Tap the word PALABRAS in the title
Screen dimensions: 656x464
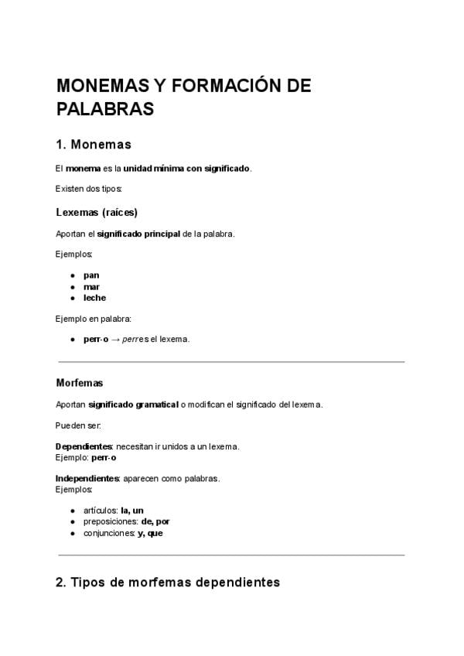[x=105, y=109]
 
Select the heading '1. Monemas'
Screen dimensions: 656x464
[x=94, y=145]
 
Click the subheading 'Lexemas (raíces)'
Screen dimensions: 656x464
[x=97, y=212]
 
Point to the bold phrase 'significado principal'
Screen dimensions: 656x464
[x=138, y=234]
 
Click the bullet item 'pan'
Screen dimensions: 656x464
[x=91, y=275]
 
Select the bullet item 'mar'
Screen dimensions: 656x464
[x=91, y=286]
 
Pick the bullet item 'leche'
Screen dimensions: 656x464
[x=94, y=298]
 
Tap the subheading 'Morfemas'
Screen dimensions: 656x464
[x=80, y=382]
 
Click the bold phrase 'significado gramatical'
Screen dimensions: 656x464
[x=132, y=404]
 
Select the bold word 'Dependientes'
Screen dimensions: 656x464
[x=84, y=446]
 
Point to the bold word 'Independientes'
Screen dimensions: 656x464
[x=87, y=478]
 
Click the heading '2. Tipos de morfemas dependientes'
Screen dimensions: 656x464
[x=168, y=583]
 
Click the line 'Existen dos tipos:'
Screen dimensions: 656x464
[x=89, y=189]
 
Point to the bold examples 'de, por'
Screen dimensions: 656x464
[x=155, y=521]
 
